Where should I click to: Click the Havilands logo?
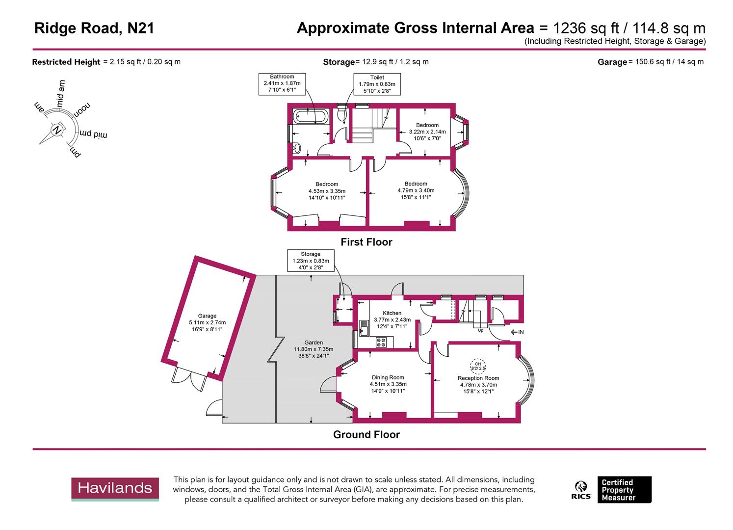pyautogui.click(x=115, y=488)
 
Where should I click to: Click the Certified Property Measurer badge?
pyautogui.click(x=624, y=490)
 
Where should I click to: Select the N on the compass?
pyautogui.click(x=57, y=131)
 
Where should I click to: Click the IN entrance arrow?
pyautogui.click(x=517, y=332)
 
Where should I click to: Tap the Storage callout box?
pyautogui.click(x=311, y=261)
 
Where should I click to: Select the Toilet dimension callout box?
pyautogui.click(x=377, y=84)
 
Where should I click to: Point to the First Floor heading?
pyautogui.click(x=366, y=242)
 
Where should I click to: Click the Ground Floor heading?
pyautogui.click(x=366, y=434)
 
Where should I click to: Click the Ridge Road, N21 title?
pyautogui.click(x=94, y=28)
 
